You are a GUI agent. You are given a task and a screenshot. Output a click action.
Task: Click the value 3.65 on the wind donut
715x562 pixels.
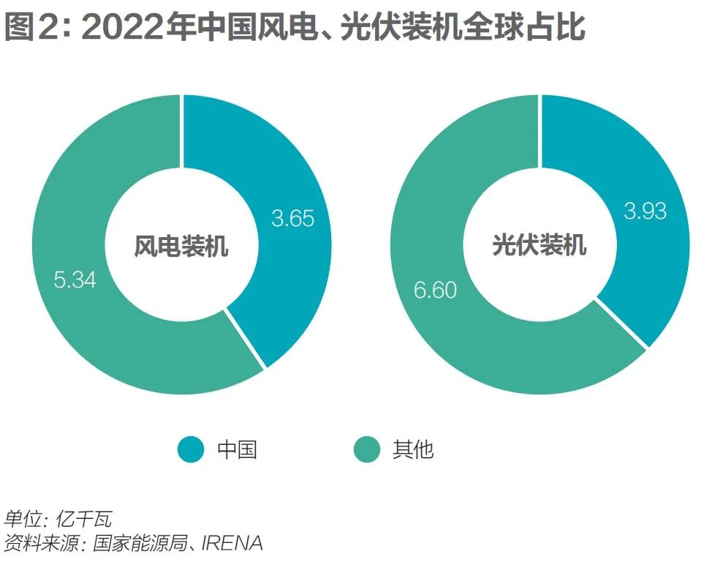coord(292,218)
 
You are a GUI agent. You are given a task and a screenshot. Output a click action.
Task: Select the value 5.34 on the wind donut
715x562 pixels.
coord(75,280)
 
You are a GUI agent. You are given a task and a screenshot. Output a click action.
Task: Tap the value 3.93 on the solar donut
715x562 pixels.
coord(645,211)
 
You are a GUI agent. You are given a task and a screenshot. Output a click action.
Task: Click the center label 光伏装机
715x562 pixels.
coord(540,245)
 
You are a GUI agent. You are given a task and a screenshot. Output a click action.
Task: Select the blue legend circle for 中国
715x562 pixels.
coord(192,449)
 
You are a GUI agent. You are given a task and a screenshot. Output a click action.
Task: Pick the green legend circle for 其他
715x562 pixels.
coord(367,449)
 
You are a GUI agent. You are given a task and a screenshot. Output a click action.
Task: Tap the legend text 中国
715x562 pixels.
coord(237,449)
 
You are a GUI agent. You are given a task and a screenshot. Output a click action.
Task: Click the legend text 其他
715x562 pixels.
coord(413,449)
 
